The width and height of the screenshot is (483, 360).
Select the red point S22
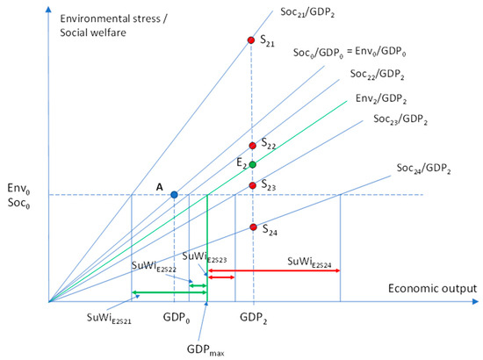[x=253, y=146]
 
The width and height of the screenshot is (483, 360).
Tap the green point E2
[x=253, y=164]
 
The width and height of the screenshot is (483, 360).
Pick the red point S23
[x=253, y=185]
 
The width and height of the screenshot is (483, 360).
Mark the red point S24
[x=253, y=227]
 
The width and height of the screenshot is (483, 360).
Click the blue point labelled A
[x=174, y=194]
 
